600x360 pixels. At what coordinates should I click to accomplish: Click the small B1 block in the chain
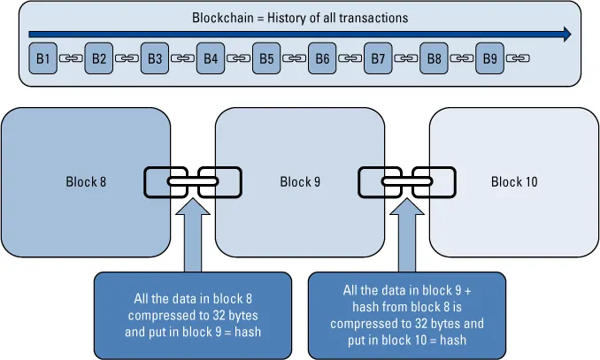[42, 58]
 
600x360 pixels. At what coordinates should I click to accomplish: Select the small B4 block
[211, 58]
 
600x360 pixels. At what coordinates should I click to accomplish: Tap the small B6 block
[322, 58]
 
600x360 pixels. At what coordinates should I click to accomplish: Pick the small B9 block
[490, 58]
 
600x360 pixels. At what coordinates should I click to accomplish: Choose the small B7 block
[378, 58]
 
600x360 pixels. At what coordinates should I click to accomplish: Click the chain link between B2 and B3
[127, 59]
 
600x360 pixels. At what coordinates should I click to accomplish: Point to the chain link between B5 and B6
[295, 59]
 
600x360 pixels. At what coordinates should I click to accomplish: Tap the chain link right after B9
[517, 59]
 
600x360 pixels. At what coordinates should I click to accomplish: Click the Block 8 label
[86, 182]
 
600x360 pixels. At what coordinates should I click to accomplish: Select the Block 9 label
[300, 182]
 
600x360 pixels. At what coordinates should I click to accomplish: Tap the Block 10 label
[514, 182]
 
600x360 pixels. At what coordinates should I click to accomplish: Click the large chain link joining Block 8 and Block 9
[193, 182]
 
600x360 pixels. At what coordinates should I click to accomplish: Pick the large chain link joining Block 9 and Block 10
[407, 182]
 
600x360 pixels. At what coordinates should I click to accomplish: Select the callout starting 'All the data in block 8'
[193, 314]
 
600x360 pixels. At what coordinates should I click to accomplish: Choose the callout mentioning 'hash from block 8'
[408, 314]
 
